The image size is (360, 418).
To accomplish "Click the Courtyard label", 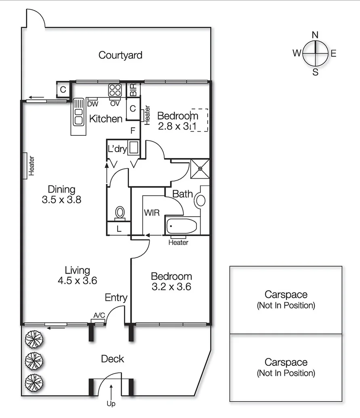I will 120,55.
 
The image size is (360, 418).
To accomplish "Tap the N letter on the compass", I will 316,35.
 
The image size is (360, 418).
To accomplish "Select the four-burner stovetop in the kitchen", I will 115,90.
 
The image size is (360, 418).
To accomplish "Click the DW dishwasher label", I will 93,104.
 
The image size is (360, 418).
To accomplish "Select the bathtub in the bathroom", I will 182,226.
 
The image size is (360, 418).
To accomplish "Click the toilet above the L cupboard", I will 120,213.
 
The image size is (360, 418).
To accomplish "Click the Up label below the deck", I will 111,403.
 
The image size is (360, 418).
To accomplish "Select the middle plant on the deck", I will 33,359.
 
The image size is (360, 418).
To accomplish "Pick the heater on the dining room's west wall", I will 25,165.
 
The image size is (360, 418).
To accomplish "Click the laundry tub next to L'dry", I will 134,148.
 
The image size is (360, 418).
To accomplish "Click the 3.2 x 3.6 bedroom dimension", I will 171,287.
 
